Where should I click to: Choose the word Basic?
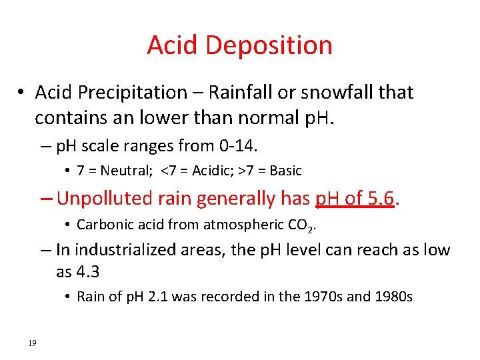[x=285, y=171]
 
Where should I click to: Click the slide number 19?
[x=32, y=343]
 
